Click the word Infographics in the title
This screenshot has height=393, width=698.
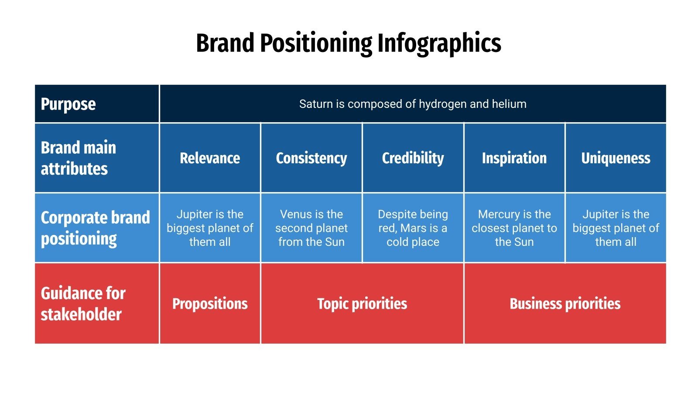coord(439,44)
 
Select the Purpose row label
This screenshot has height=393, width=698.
coord(68,104)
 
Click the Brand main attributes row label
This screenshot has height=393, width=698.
coord(79,158)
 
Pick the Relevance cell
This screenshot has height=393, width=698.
coord(210,158)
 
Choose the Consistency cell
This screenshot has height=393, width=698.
coord(311,158)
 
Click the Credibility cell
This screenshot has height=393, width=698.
coord(413,158)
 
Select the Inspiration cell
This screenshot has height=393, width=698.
coord(514,158)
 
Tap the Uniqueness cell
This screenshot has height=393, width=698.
coord(616,158)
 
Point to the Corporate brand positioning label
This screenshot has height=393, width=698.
coord(95,228)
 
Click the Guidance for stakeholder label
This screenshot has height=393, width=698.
coord(83,303)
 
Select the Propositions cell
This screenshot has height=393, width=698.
coord(210,303)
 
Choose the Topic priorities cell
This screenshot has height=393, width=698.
coord(362,303)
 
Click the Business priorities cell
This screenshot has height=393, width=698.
coord(565,303)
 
